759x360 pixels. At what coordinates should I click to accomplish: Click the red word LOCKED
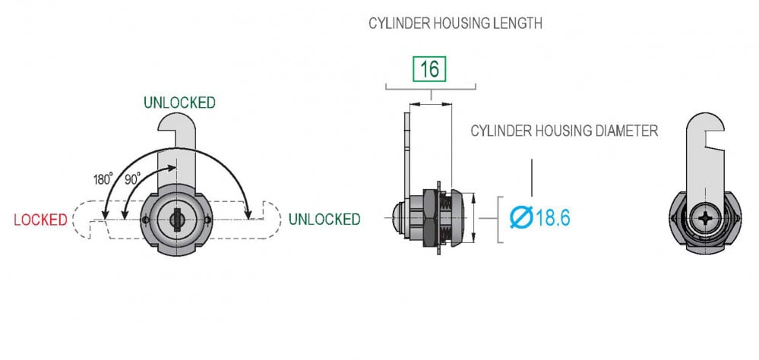pyautogui.click(x=41, y=220)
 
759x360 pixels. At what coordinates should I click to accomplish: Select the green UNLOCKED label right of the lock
pyautogui.click(x=324, y=219)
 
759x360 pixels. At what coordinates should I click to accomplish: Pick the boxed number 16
pyautogui.click(x=429, y=69)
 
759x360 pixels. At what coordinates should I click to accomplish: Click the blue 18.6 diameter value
pyautogui.click(x=553, y=218)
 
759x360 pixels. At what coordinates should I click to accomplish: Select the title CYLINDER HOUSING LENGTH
pyautogui.click(x=455, y=24)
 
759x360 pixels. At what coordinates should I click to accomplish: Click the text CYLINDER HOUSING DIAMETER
pyautogui.click(x=564, y=131)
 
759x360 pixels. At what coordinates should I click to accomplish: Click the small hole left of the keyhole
pyautogui.click(x=146, y=220)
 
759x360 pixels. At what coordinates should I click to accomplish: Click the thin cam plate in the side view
pyautogui.click(x=406, y=152)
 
